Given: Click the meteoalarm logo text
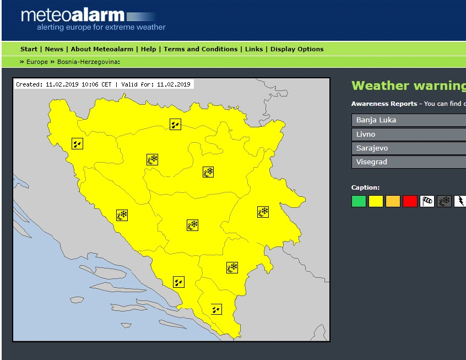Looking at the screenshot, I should (x=73, y=15).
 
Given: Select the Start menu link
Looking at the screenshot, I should (x=29, y=49).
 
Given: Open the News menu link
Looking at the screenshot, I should (x=54, y=49).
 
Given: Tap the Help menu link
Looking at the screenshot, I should (x=148, y=49).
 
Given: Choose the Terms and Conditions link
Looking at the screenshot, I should (x=201, y=49).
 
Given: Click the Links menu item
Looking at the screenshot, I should (x=254, y=49).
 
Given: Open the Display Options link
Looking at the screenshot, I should (x=297, y=49).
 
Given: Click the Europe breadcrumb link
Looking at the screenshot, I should (x=37, y=62).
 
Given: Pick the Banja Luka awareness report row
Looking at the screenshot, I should (x=408, y=120).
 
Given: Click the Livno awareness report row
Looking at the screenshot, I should (x=408, y=134).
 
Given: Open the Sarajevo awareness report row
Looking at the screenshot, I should (x=408, y=148).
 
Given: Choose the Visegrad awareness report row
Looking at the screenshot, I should (x=408, y=162).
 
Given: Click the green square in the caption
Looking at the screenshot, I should (x=359, y=201).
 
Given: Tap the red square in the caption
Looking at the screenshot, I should (x=410, y=201).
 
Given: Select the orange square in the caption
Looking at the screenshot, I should (x=393, y=201).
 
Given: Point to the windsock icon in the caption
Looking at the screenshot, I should (x=427, y=201).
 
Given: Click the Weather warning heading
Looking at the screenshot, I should (x=408, y=85).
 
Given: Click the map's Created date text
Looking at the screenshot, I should (x=63, y=84).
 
